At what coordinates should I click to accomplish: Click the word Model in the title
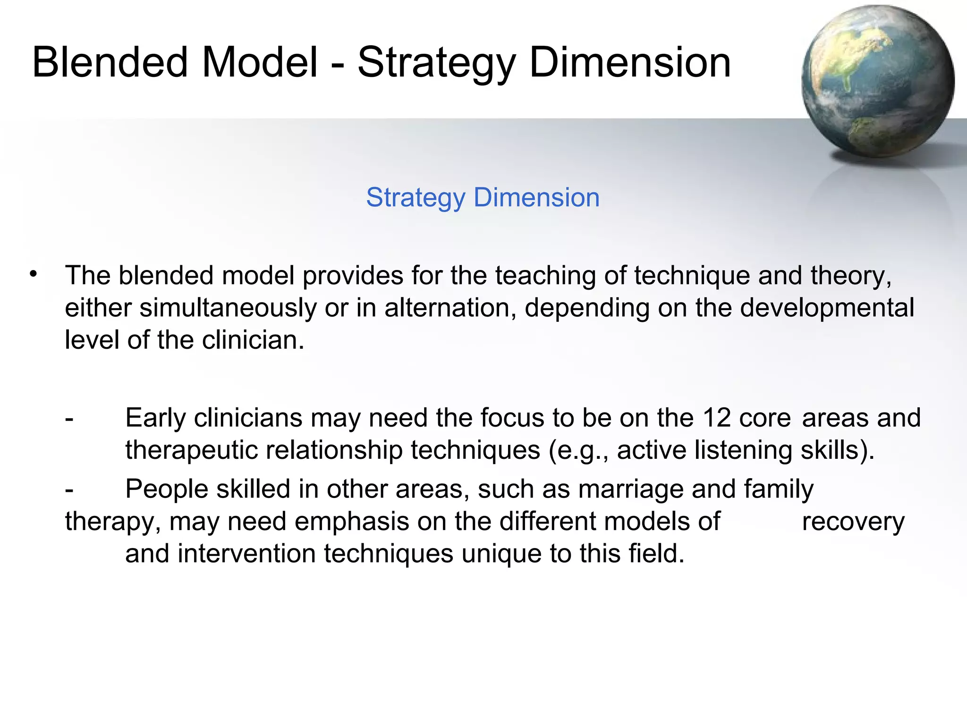click(260, 62)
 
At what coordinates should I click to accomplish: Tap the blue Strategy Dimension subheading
click(483, 197)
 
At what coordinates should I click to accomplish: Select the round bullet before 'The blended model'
click(33, 274)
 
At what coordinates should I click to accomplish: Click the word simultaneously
click(228, 308)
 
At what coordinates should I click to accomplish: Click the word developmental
click(827, 308)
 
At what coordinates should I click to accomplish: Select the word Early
click(155, 418)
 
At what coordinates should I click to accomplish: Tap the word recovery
click(853, 522)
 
